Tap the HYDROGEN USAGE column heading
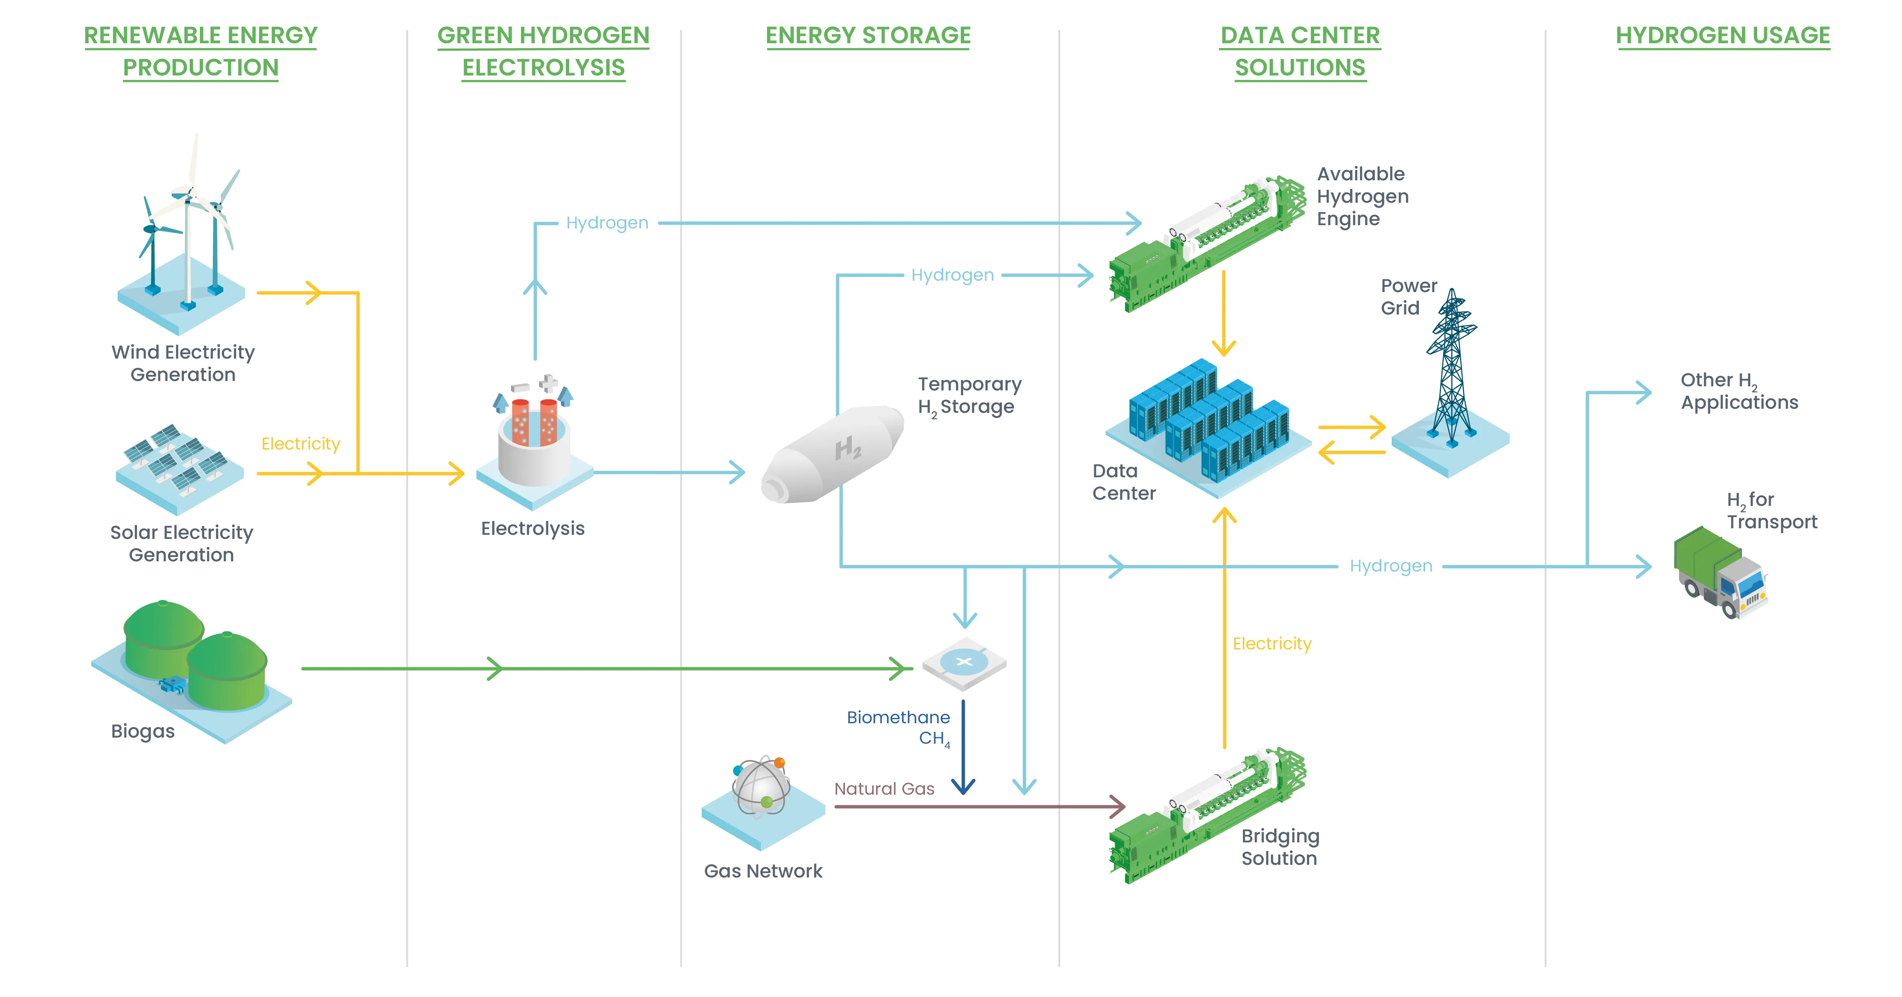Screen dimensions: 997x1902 tap(1722, 35)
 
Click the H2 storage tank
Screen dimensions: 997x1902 tap(833, 454)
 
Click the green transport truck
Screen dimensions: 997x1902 tap(1720, 572)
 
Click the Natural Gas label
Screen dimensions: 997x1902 tap(884, 789)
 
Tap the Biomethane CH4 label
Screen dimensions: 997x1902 tap(899, 727)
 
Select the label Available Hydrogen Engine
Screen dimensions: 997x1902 tap(1362, 197)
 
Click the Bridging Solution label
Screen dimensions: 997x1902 tap(1279, 847)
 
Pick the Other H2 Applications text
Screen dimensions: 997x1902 tap(1739, 391)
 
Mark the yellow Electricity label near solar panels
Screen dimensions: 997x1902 tap(301, 444)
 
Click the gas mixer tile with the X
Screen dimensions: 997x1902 tap(964, 662)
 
